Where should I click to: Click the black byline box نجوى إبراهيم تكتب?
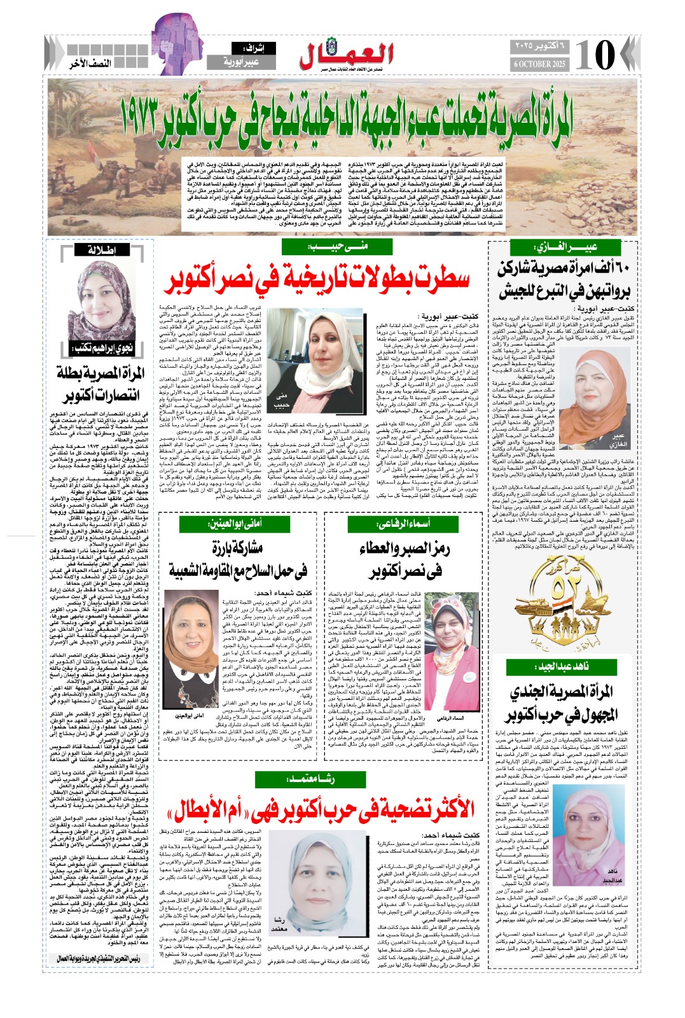[101, 349]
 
